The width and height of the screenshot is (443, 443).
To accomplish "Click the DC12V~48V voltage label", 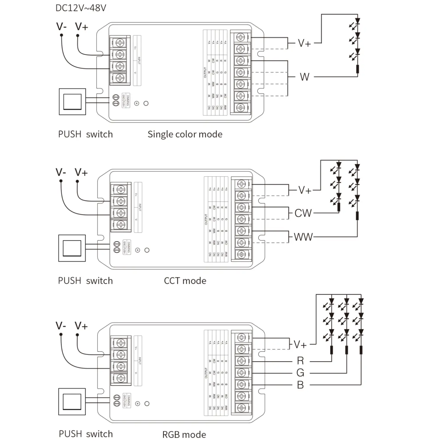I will pyautogui.click(x=81, y=8).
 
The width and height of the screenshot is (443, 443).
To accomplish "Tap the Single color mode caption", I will pyautogui.click(x=185, y=134).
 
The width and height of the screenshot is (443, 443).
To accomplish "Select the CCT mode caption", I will pyautogui.click(x=185, y=281).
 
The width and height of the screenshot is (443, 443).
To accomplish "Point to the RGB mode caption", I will pyautogui.click(x=184, y=434).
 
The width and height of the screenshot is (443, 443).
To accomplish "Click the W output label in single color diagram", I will pyautogui.click(x=304, y=77).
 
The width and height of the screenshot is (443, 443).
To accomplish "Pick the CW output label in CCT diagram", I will pyautogui.click(x=303, y=213).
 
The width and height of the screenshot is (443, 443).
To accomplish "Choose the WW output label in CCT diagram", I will pyautogui.click(x=303, y=237).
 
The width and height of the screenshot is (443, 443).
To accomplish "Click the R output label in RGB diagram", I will pyautogui.click(x=300, y=361).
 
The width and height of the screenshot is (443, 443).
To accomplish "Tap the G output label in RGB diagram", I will pyautogui.click(x=300, y=373).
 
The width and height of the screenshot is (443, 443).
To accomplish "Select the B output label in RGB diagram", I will pyautogui.click(x=300, y=385).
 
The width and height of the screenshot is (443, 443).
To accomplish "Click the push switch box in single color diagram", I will pyautogui.click(x=72, y=102).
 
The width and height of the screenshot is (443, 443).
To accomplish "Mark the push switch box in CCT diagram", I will pyautogui.click(x=72, y=248).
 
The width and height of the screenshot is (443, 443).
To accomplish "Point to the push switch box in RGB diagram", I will pyautogui.click(x=72, y=402).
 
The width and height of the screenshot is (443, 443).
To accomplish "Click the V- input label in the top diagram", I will pyautogui.click(x=61, y=27).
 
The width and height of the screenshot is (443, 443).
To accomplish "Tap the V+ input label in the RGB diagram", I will pyautogui.click(x=81, y=326).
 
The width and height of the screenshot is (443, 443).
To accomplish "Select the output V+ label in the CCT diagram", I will pyautogui.click(x=305, y=190).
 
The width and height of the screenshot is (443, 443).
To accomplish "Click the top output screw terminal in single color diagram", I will pyautogui.click(x=240, y=37).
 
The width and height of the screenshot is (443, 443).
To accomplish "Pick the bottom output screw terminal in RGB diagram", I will pyautogui.click(x=241, y=408).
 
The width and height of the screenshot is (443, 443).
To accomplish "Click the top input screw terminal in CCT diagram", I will pyautogui.click(x=121, y=189).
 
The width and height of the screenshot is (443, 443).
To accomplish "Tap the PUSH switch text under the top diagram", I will pyautogui.click(x=85, y=134).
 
